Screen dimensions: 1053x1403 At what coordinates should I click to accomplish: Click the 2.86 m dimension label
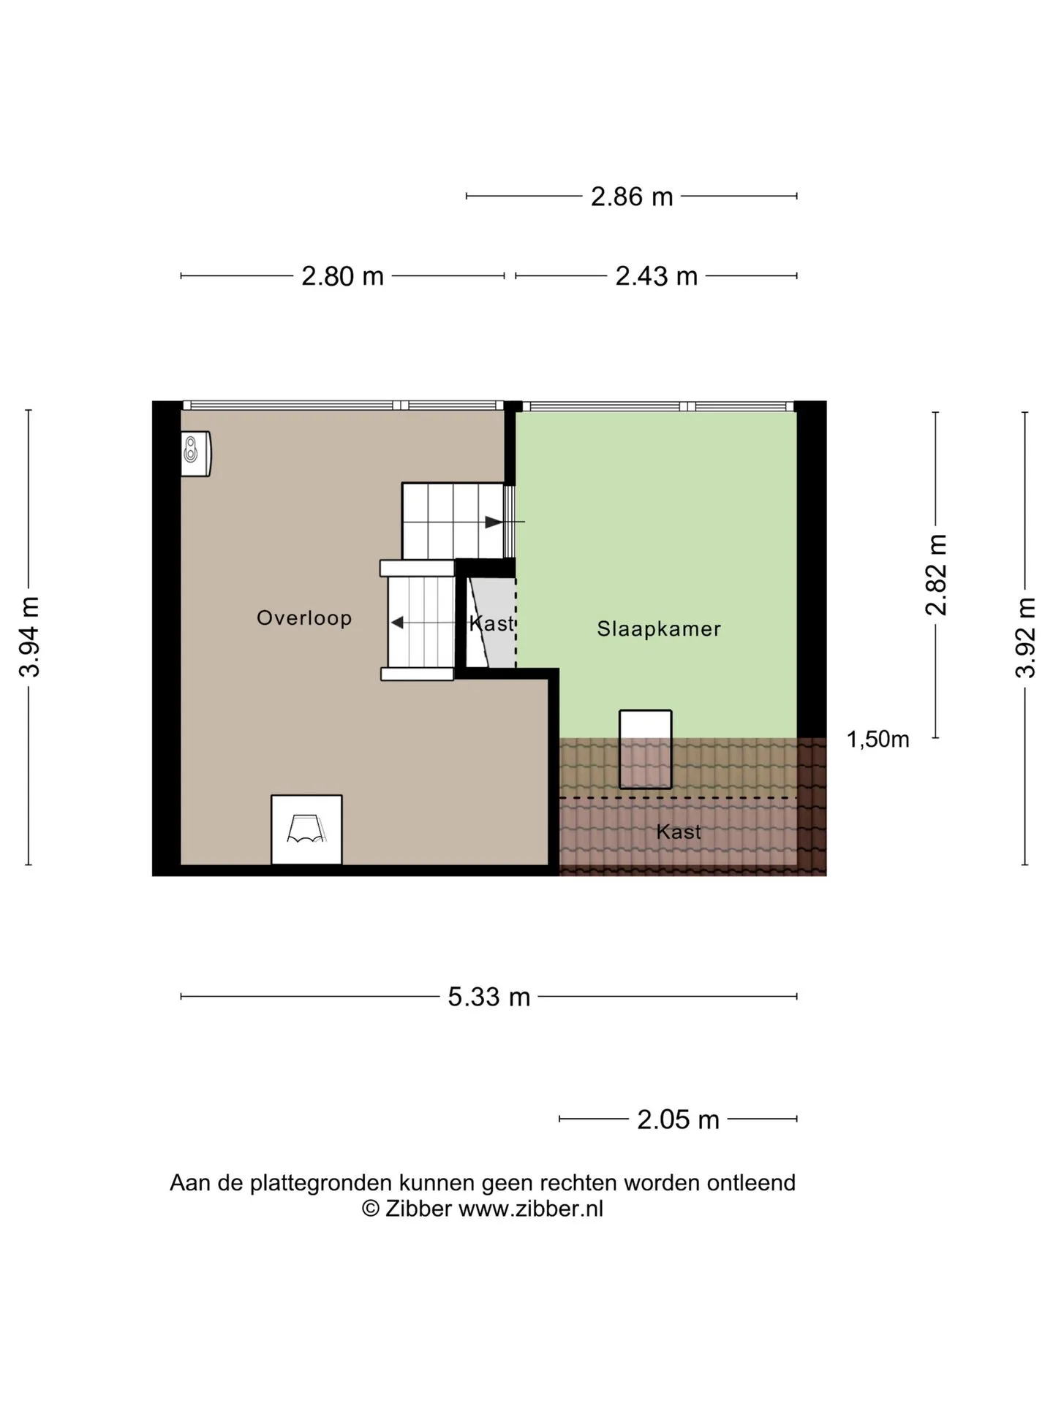point(632,197)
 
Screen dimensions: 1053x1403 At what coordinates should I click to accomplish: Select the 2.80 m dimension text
point(342,276)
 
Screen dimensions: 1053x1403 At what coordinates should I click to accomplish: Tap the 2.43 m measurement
point(656,276)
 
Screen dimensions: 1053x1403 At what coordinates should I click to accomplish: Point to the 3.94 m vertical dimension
point(29,637)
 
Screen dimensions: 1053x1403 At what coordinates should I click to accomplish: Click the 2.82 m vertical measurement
point(936,574)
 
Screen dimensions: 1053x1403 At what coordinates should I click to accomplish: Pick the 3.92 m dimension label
point(1025,638)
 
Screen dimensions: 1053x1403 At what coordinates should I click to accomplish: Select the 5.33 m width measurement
point(488,997)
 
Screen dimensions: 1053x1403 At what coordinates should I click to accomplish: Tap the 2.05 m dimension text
point(678,1119)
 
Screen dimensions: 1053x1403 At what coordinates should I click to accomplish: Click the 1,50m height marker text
point(877,739)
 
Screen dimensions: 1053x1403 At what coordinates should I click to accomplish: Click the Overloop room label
point(304,618)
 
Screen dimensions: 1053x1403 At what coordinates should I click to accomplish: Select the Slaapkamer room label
point(659,629)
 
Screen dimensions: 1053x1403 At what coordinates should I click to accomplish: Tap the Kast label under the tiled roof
point(679,832)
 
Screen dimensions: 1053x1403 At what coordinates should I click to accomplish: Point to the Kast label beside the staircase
point(492,623)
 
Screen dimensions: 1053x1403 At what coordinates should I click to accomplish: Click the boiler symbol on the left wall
point(196,454)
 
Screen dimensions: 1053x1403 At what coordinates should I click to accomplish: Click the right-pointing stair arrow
point(505,522)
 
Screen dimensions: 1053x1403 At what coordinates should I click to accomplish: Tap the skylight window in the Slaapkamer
point(646,749)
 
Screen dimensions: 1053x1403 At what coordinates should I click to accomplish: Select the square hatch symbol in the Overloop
point(306,829)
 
